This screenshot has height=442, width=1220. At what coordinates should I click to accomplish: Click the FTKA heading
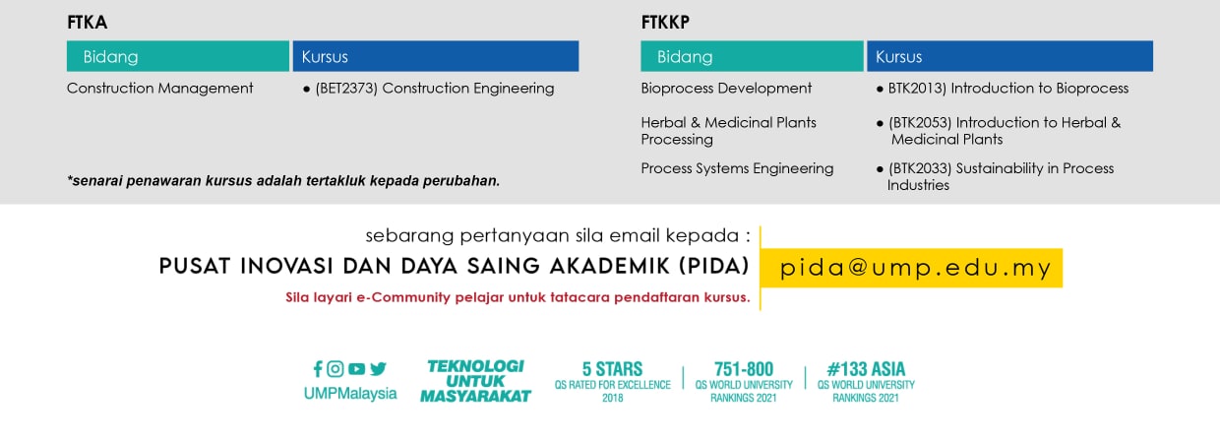(x=88, y=23)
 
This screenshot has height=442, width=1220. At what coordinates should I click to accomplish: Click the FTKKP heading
(x=665, y=23)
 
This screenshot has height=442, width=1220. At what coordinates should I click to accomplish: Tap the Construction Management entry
(x=160, y=89)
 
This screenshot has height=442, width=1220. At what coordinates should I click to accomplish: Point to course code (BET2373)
(x=346, y=89)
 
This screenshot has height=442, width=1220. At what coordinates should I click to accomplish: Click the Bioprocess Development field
(x=726, y=89)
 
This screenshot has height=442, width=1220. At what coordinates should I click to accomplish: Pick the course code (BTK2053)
(x=920, y=123)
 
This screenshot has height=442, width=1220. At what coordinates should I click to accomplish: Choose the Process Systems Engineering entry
(x=737, y=168)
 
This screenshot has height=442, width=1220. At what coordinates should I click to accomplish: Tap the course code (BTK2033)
(x=920, y=168)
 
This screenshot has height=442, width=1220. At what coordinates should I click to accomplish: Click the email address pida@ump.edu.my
(x=915, y=268)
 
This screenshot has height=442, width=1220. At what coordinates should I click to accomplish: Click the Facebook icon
(x=318, y=369)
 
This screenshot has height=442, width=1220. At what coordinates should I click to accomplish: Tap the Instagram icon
(x=335, y=369)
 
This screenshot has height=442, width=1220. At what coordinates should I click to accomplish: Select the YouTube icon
(x=356, y=369)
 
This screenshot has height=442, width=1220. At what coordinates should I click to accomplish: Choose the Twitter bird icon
(x=378, y=369)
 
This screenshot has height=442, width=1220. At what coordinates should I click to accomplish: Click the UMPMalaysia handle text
(x=350, y=394)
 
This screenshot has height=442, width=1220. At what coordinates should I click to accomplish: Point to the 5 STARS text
(x=612, y=369)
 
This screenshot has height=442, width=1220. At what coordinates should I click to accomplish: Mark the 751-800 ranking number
(x=744, y=369)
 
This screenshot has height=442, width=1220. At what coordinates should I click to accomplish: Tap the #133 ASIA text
(x=866, y=369)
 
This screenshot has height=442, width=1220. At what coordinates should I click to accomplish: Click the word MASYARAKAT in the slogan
(x=475, y=396)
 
